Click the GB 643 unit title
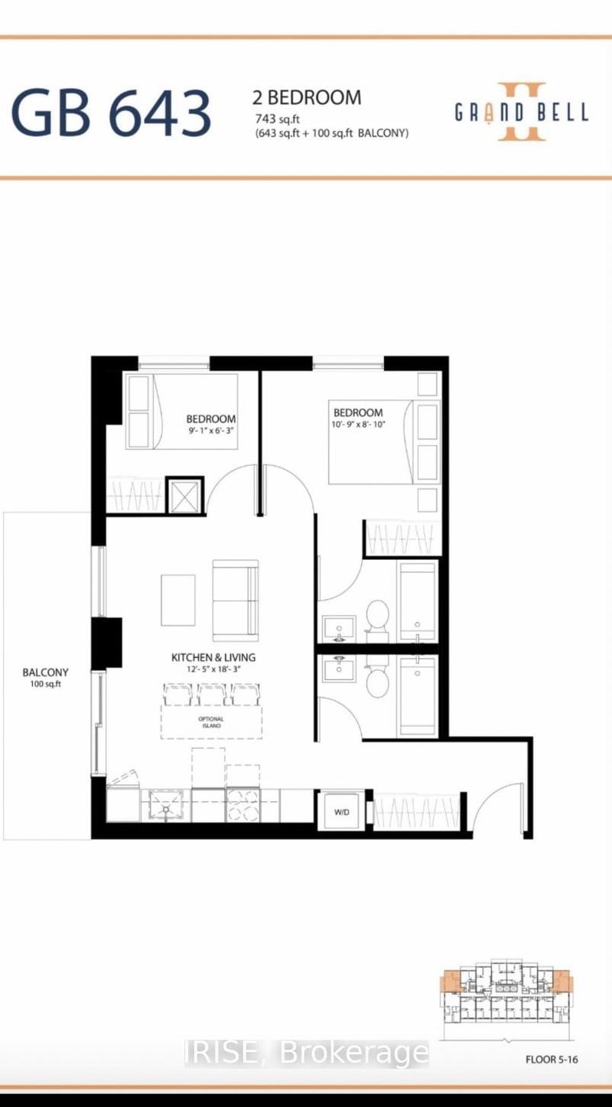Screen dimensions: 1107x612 [x=111, y=112]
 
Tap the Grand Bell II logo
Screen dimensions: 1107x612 [x=522, y=112]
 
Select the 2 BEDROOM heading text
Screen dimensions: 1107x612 [x=307, y=98]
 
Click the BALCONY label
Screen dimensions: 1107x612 [x=45, y=672]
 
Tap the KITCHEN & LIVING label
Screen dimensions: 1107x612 [x=213, y=657]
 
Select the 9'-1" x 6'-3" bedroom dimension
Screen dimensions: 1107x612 [x=211, y=431]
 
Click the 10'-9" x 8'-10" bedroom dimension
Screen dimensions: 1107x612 [x=358, y=425]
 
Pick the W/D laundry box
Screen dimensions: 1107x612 [x=340, y=812]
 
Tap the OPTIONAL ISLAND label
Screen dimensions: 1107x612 [x=211, y=722]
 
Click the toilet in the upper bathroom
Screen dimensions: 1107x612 [x=376, y=616]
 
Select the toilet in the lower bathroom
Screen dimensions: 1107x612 [x=376, y=680]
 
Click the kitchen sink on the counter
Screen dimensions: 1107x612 [x=166, y=805]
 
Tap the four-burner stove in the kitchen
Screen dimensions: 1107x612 [x=244, y=806]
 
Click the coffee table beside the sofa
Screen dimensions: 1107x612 [x=177, y=600]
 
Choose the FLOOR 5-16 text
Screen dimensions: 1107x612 [x=555, y=1060]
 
